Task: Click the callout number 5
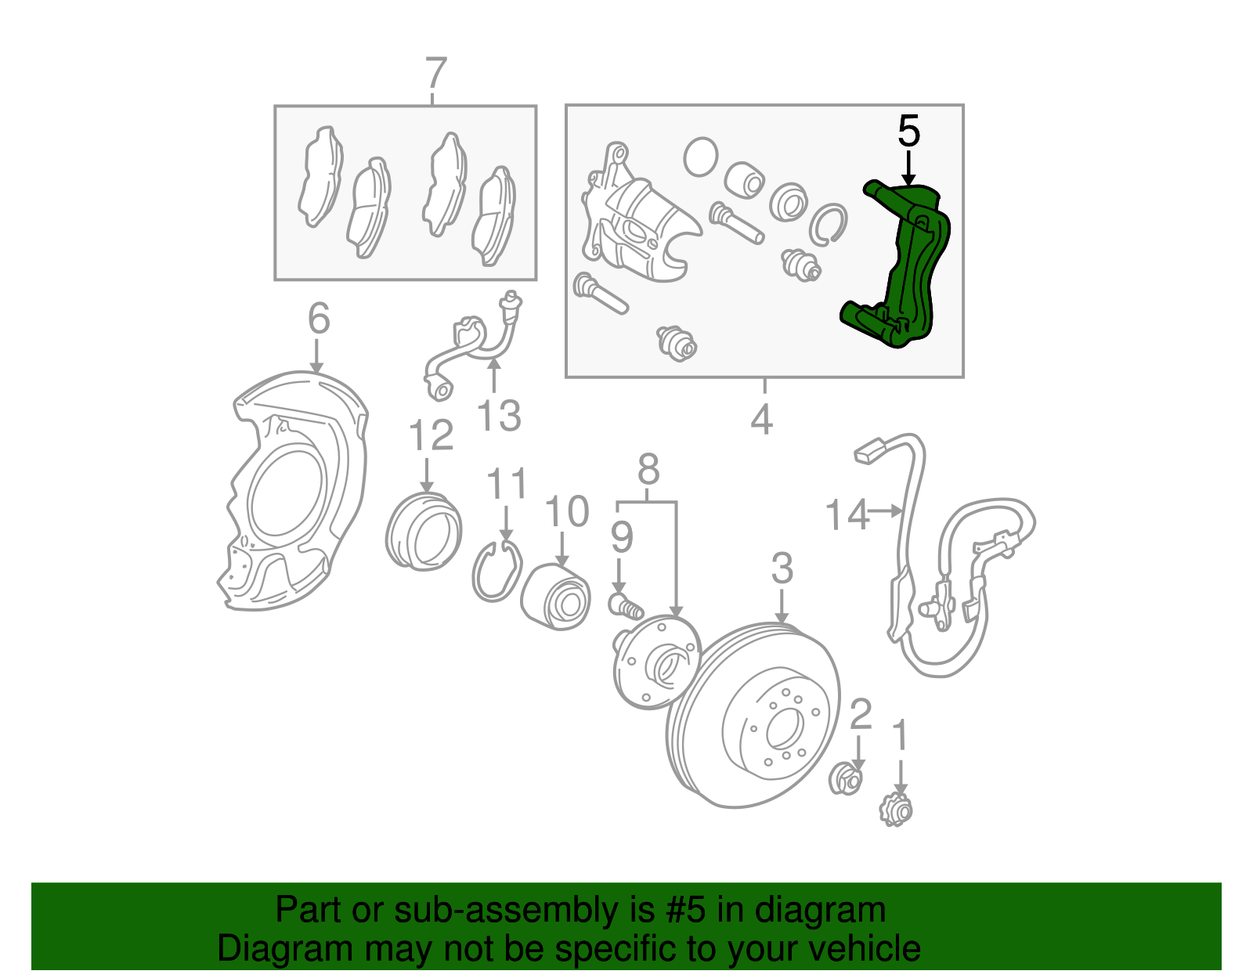point(908,131)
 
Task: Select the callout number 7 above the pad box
point(435,73)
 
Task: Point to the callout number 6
point(319,318)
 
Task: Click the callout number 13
point(500,415)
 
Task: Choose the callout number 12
point(431,435)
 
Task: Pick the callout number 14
point(847,514)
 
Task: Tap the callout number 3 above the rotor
point(782,568)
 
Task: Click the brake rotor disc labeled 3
point(753,715)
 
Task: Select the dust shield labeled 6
point(292,490)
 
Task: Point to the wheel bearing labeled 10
point(555,597)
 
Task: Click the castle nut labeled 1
point(896,810)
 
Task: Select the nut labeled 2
point(845,778)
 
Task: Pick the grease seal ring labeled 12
point(423,532)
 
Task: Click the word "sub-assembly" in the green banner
point(524,909)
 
